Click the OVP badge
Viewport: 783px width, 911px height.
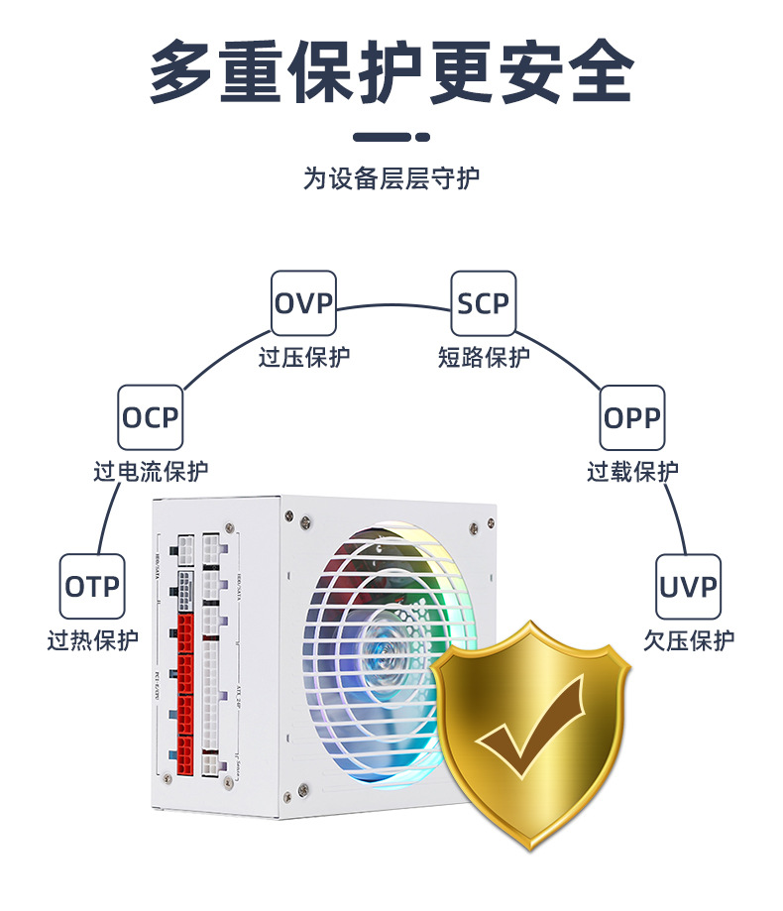click(x=304, y=302)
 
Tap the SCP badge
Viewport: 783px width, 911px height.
click(x=484, y=302)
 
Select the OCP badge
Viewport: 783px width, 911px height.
click(x=151, y=417)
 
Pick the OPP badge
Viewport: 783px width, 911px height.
click(x=632, y=417)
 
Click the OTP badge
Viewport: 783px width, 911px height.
click(x=93, y=586)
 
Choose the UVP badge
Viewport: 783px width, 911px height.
click(x=689, y=586)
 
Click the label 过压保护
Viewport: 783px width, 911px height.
click(x=304, y=357)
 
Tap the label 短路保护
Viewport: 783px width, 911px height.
click(x=484, y=357)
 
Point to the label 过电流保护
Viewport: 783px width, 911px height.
click(x=151, y=472)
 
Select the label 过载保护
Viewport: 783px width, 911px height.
click(x=632, y=472)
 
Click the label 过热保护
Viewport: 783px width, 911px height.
click(x=93, y=640)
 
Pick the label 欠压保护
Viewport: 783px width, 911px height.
click(x=689, y=640)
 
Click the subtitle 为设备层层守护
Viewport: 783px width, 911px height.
click(x=391, y=178)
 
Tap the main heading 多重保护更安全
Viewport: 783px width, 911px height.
click(x=391, y=71)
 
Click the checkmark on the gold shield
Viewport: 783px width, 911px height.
click(x=528, y=733)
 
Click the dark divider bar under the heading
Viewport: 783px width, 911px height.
click(x=391, y=137)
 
